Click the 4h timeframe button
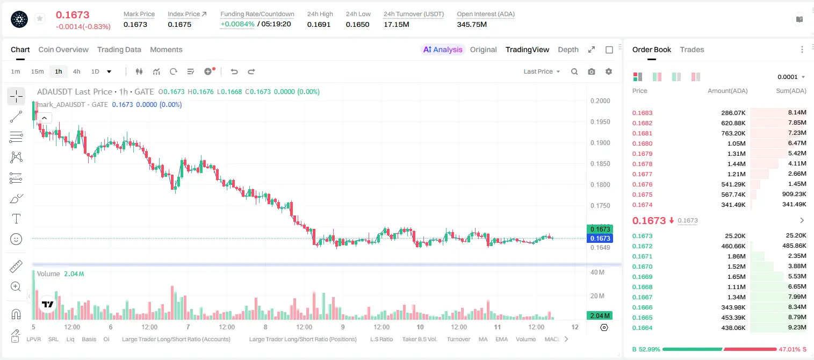click(x=76, y=71)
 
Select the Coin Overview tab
click(x=63, y=49)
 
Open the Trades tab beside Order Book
click(x=692, y=49)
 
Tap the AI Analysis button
click(x=443, y=49)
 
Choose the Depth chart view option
click(x=568, y=49)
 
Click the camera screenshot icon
click(x=592, y=71)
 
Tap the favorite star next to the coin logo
click(x=40, y=18)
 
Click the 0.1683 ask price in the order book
click(x=642, y=113)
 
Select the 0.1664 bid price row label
click(x=642, y=328)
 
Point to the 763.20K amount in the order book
click(x=733, y=133)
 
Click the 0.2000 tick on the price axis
click(x=600, y=101)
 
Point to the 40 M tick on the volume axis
click(x=597, y=272)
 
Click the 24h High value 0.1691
click(x=319, y=24)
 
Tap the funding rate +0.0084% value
click(x=237, y=24)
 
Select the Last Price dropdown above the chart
click(x=542, y=71)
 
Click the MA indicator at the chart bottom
click(x=483, y=339)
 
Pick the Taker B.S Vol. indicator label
click(x=419, y=339)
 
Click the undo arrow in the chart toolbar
click(x=234, y=71)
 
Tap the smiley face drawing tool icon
click(x=16, y=240)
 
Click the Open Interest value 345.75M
click(x=472, y=24)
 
